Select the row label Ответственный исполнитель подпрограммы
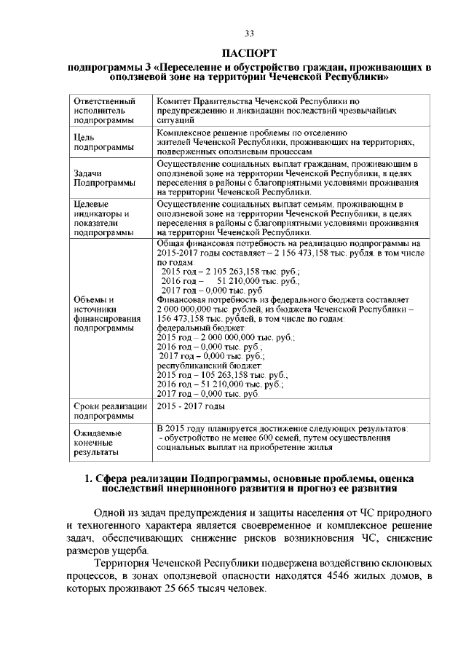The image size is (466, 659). (106, 110)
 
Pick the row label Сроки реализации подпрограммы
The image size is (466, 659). (110, 411)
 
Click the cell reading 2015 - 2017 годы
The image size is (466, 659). (191, 406)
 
